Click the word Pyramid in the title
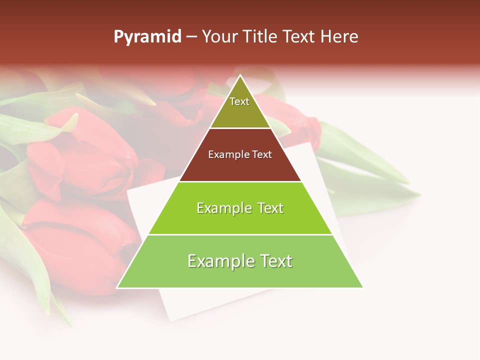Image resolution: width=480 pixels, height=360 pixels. click(147, 37)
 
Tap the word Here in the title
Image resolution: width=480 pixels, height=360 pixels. click(339, 37)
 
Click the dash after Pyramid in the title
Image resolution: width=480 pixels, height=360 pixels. click(191, 37)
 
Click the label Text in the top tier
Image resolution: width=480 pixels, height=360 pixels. click(239, 101)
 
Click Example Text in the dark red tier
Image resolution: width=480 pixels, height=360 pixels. click(240, 154)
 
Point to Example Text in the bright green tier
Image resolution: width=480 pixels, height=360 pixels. click(240, 208)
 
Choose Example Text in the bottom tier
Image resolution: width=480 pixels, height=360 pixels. click(240, 261)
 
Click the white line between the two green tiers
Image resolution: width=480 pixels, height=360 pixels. click(240, 234)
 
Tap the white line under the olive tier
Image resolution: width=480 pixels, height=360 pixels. click(240, 128)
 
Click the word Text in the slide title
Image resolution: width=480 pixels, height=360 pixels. click(299, 37)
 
